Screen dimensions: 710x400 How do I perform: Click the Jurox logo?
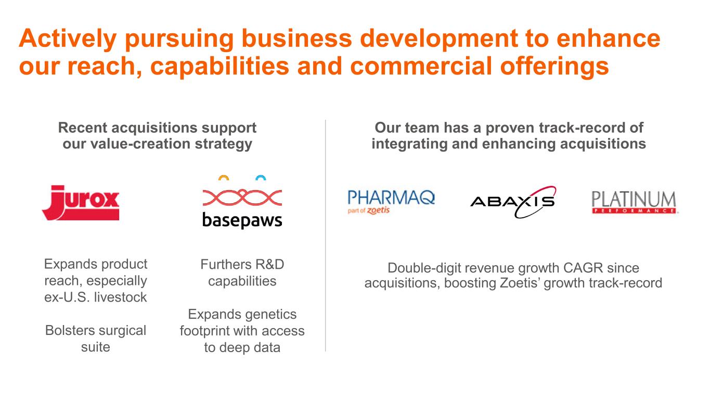81,203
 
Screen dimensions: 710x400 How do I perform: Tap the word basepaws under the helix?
242,220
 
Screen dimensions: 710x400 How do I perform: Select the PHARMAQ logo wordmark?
391,197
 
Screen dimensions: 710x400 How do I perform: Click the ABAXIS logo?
513,202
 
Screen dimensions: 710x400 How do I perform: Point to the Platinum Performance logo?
634,202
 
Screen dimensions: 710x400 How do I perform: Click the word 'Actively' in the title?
68,39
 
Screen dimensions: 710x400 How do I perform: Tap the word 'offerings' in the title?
554,66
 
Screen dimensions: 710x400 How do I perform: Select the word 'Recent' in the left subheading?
82,128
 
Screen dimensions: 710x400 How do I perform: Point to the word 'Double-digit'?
424,268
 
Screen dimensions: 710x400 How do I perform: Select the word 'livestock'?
121,297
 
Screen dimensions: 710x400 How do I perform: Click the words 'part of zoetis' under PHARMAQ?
368,210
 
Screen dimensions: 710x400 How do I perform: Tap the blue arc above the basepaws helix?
261,177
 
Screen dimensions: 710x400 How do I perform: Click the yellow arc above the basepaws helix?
224,177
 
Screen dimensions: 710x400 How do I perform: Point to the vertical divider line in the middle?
326,235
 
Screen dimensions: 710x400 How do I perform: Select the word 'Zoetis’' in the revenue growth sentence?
520,283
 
